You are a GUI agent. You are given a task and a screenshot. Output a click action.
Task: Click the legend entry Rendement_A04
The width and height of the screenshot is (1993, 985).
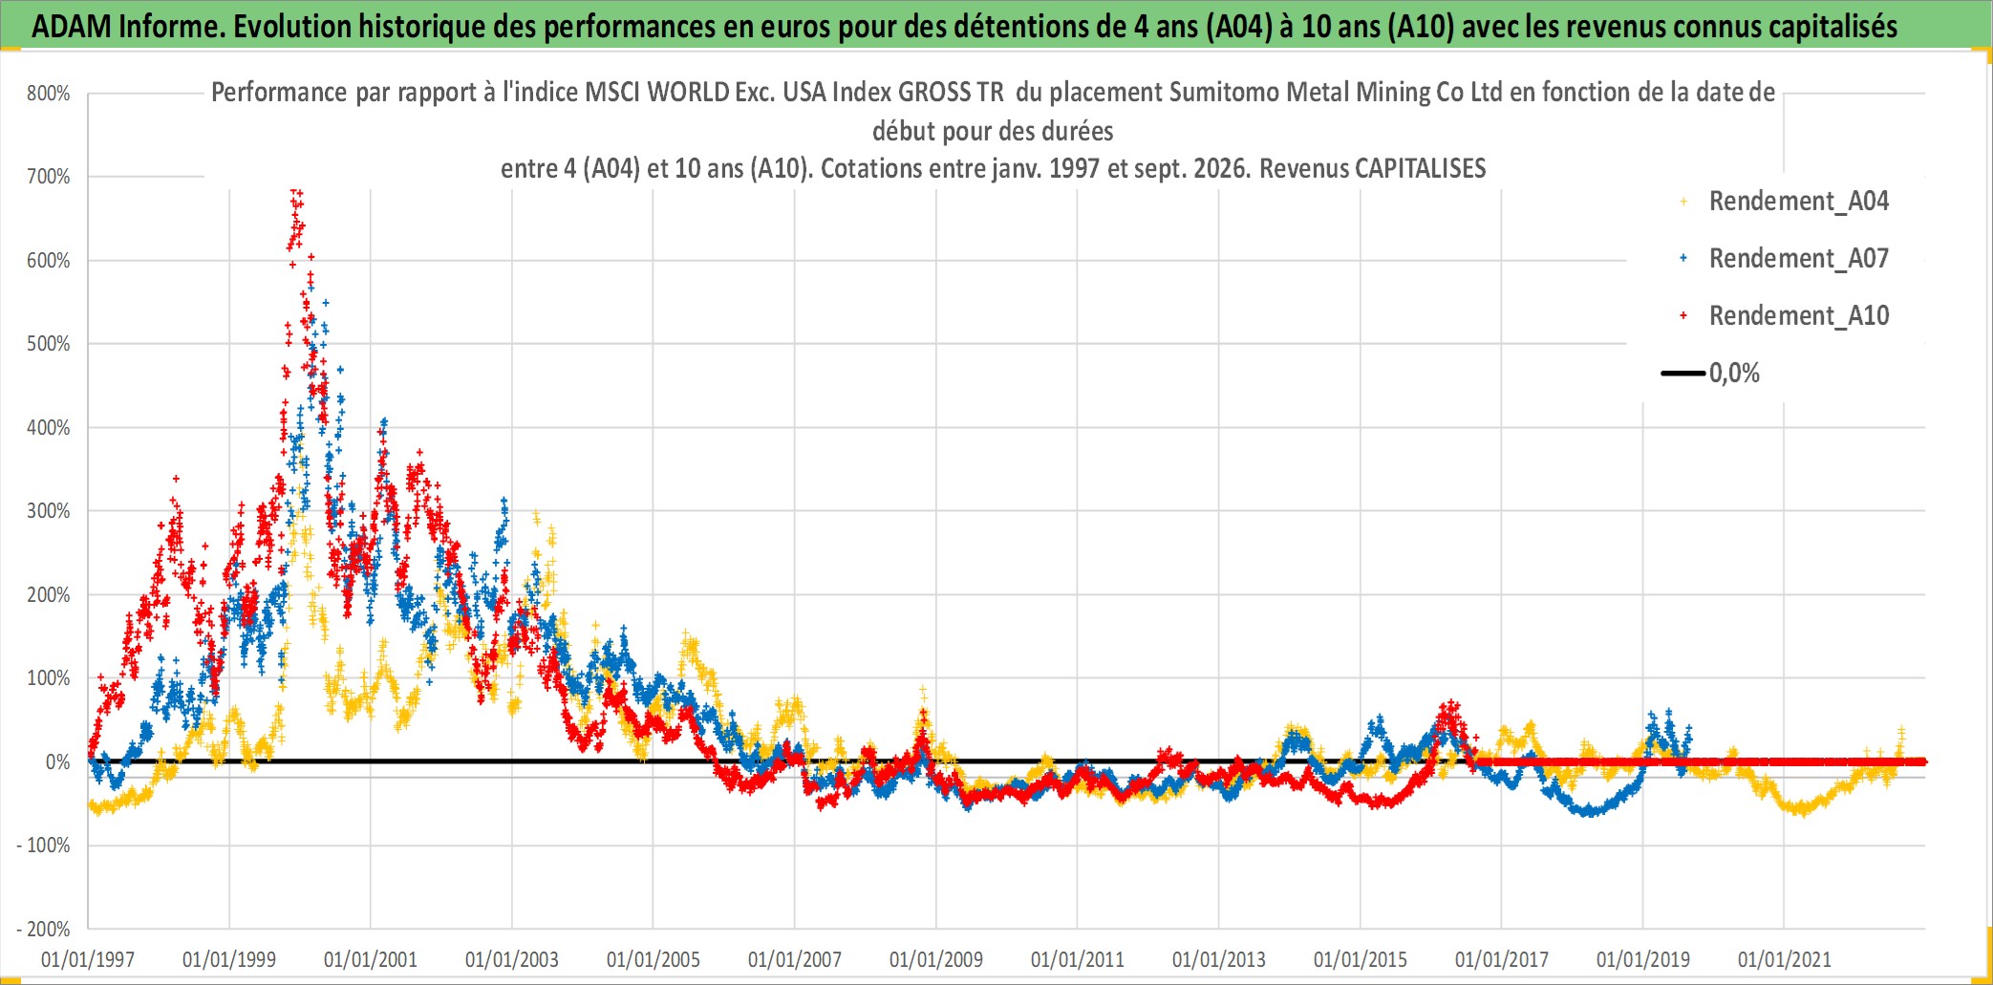1799,202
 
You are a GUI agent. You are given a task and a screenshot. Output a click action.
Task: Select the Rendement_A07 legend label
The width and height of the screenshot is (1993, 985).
1799,259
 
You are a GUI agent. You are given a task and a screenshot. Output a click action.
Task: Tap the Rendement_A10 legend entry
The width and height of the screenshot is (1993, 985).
1799,316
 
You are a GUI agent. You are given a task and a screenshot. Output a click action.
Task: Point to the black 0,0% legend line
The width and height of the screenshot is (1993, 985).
1683,373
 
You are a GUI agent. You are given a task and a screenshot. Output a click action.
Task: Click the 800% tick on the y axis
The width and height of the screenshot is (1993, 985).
49,94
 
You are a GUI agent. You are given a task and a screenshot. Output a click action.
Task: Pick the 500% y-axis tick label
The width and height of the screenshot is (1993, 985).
49,344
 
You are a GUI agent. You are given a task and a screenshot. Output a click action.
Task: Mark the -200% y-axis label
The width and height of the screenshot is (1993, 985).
44,929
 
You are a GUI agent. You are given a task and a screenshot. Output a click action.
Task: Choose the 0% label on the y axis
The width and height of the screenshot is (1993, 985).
58,762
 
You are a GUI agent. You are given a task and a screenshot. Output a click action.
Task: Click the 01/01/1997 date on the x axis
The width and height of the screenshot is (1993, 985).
88,959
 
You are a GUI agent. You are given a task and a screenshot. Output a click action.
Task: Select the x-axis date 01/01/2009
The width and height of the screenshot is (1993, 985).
936,959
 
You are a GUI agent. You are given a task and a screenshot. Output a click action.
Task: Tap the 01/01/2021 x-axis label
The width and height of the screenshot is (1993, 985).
1785,959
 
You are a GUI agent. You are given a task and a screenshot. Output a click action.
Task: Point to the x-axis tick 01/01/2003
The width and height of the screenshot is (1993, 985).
512,959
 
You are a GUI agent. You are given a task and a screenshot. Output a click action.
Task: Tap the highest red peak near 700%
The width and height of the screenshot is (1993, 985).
296,190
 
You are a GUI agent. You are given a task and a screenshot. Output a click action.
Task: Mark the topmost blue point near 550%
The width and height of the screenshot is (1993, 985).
326,303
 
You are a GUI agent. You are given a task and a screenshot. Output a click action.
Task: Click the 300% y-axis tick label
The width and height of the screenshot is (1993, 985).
49,511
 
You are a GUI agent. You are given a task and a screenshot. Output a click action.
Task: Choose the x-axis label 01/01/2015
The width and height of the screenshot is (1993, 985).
1361,959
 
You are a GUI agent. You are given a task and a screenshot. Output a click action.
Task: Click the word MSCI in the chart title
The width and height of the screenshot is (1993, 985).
612,93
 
